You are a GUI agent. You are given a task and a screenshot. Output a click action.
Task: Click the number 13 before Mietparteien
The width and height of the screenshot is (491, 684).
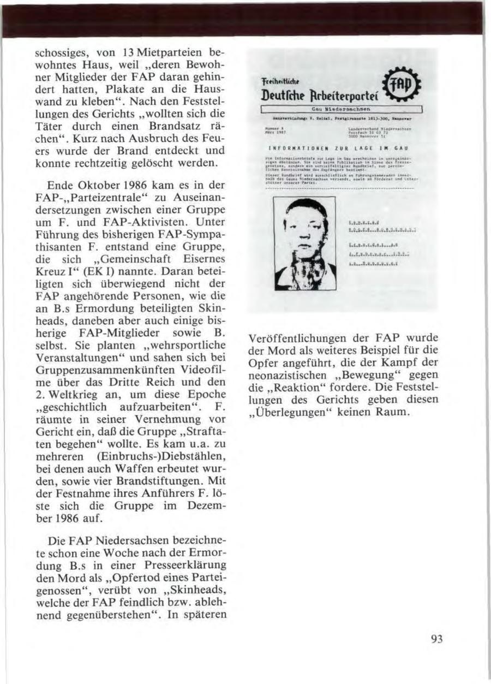point(127,53)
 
